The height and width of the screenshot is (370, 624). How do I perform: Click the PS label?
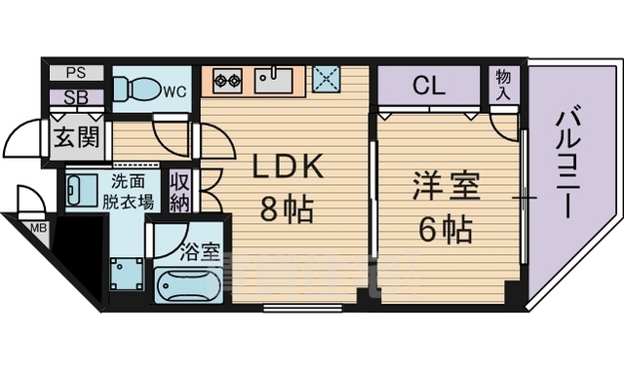[76, 73]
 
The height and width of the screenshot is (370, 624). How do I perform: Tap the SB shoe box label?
[76, 97]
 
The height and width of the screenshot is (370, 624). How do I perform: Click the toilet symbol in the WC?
[136, 90]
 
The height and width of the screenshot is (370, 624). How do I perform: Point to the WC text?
[175, 92]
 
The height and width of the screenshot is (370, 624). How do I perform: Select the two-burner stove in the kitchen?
[227, 81]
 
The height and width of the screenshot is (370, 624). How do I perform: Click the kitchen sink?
[273, 81]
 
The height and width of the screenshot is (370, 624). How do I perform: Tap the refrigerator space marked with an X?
[327, 79]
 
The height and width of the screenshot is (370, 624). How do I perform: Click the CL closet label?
[429, 86]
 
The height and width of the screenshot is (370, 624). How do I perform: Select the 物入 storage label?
[503, 85]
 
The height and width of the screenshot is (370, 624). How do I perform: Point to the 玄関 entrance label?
[76, 138]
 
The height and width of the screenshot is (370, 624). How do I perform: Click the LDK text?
[288, 166]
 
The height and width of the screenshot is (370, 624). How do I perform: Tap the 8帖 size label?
[287, 208]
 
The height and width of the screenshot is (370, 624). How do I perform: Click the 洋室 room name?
[446, 186]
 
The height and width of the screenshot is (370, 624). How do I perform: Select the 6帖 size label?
[446, 230]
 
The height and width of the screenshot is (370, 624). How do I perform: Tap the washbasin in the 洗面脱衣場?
[82, 191]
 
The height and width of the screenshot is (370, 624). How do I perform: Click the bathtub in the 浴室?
[188, 284]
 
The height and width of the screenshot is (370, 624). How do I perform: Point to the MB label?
[39, 228]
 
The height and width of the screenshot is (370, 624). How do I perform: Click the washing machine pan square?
[127, 274]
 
